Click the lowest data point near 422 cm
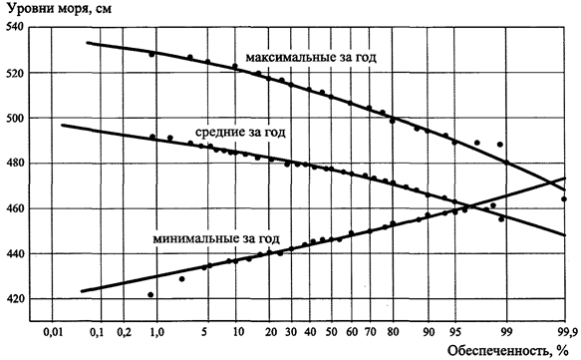(150, 295)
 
